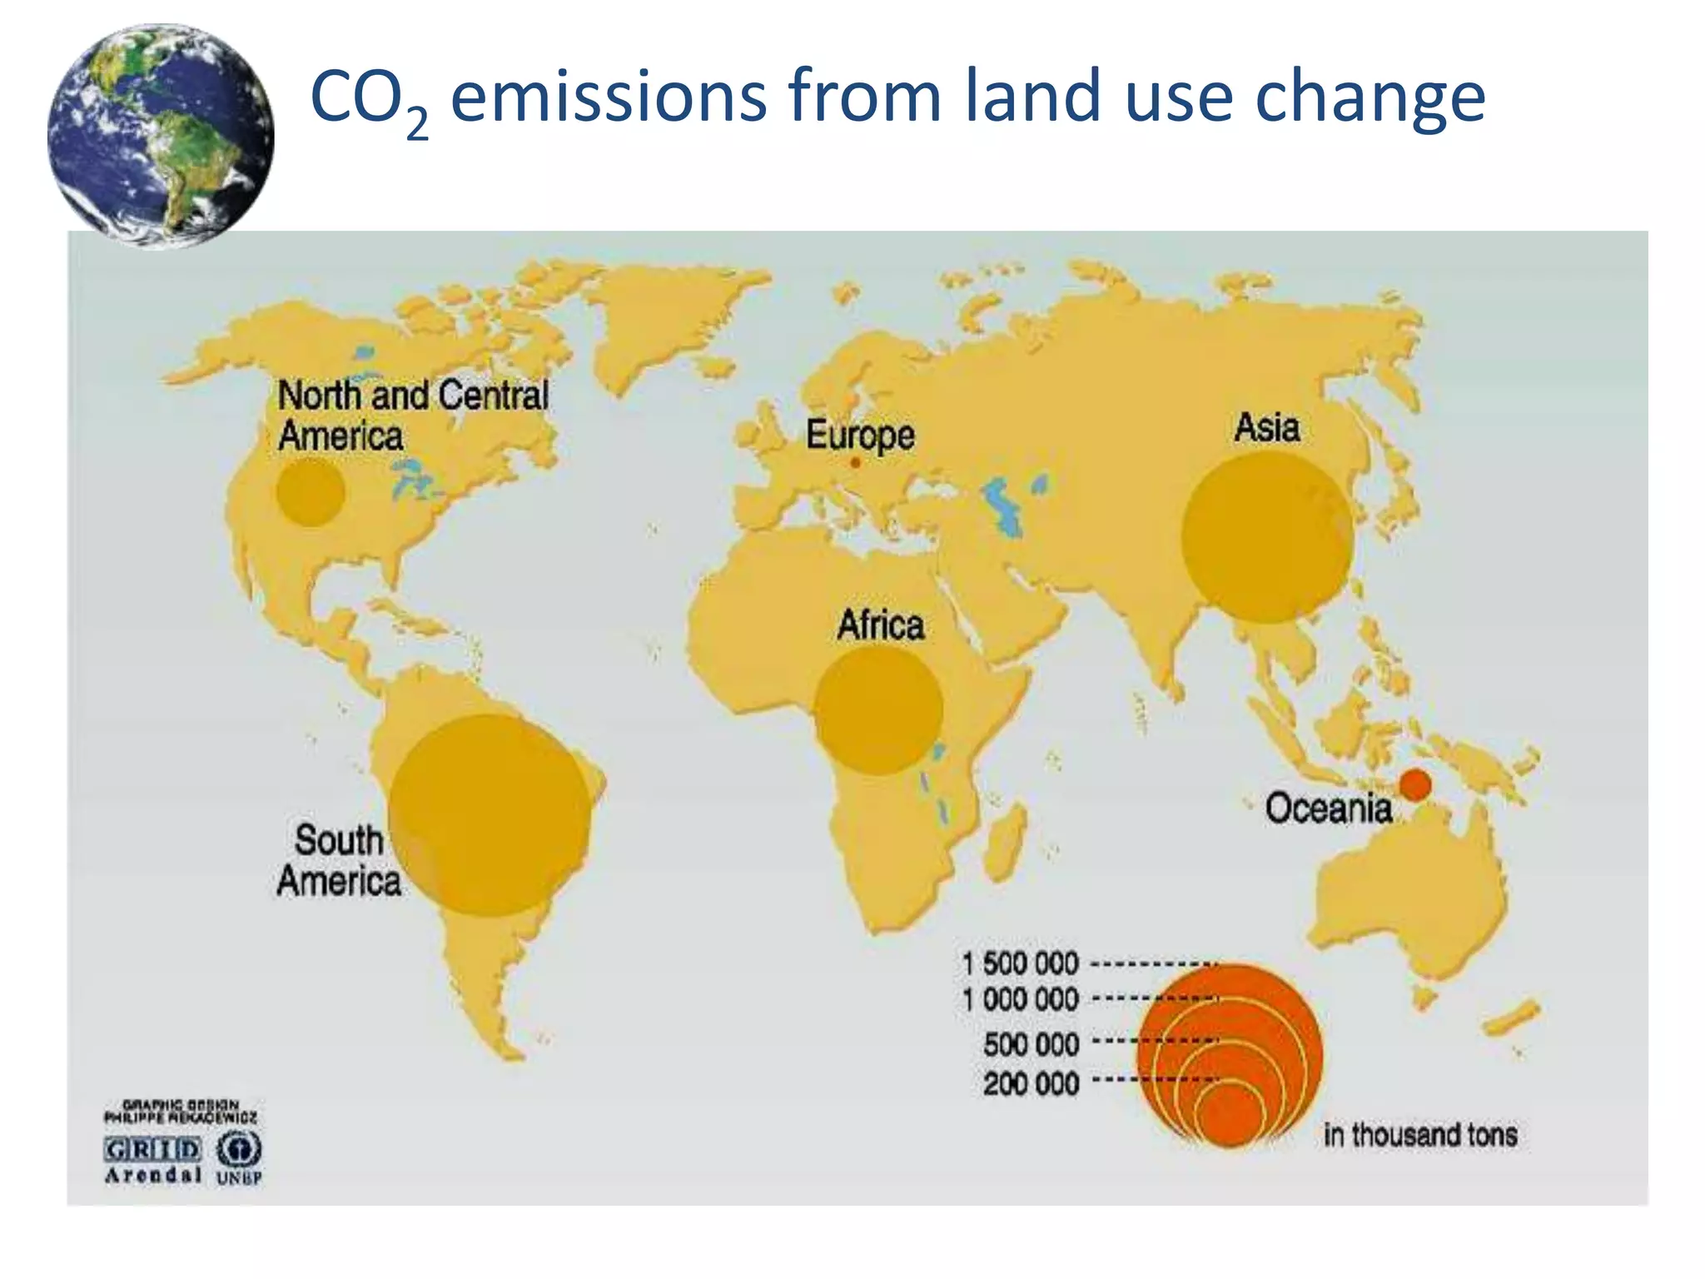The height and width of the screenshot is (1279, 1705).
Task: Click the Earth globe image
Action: (x=161, y=136)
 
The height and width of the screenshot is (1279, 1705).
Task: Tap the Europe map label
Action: (x=860, y=435)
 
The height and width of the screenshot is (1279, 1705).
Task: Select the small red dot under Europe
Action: (x=855, y=462)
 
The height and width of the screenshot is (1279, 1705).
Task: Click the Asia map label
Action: (x=1266, y=428)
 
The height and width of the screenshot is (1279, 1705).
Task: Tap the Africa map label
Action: (x=881, y=625)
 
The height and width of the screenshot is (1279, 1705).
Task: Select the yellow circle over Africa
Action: (x=878, y=710)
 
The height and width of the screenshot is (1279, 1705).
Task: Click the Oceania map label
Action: (x=1328, y=809)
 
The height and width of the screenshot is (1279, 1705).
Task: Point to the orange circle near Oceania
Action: (x=1415, y=784)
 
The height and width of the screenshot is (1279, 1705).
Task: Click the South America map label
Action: (x=339, y=860)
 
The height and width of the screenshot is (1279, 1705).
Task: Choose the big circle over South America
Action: (x=490, y=815)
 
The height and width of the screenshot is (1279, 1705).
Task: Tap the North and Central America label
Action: (x=412, y=416)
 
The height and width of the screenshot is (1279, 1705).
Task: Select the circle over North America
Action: (x=311, y=491)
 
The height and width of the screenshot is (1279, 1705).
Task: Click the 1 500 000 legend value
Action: (x=1020, y=963)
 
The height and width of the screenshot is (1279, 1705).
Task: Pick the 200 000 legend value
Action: (x=1031, y=1084)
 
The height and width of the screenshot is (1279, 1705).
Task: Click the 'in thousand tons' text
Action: (x=1420, y=1135)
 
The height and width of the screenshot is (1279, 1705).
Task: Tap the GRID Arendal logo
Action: (x=153, y=1160)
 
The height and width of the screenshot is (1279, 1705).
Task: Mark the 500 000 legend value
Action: (x=1031, y=1044)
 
